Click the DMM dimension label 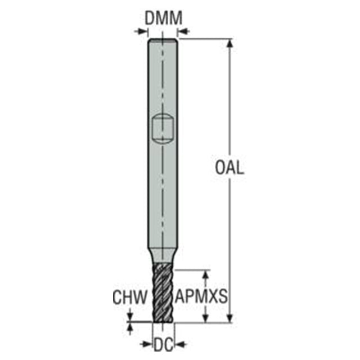coord(164,18)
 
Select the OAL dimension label coord(229,168)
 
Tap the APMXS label coord(201,296)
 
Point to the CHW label coord(130,297)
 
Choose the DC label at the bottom coord(164,344)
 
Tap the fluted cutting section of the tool coord(163,292)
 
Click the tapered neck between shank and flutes coord(163,255)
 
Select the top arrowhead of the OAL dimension coord(230,43)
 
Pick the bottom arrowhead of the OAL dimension coord(230,317)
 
